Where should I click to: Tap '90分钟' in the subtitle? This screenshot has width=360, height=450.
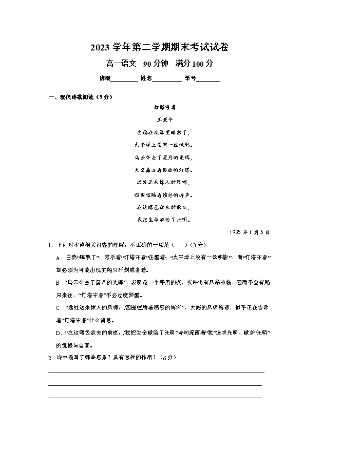point(156,64)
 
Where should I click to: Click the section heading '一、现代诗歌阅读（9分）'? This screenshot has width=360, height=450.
point(80,97)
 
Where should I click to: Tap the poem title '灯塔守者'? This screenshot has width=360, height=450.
point(165,108)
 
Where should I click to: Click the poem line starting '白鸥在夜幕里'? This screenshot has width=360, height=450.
point(164,132)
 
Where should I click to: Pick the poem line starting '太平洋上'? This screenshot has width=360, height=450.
point(164,145)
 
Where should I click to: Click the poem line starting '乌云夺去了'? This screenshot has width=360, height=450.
point(164,158)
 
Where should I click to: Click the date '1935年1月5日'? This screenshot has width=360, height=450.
point(250,232)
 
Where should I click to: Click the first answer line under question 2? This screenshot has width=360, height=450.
point(156,372)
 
